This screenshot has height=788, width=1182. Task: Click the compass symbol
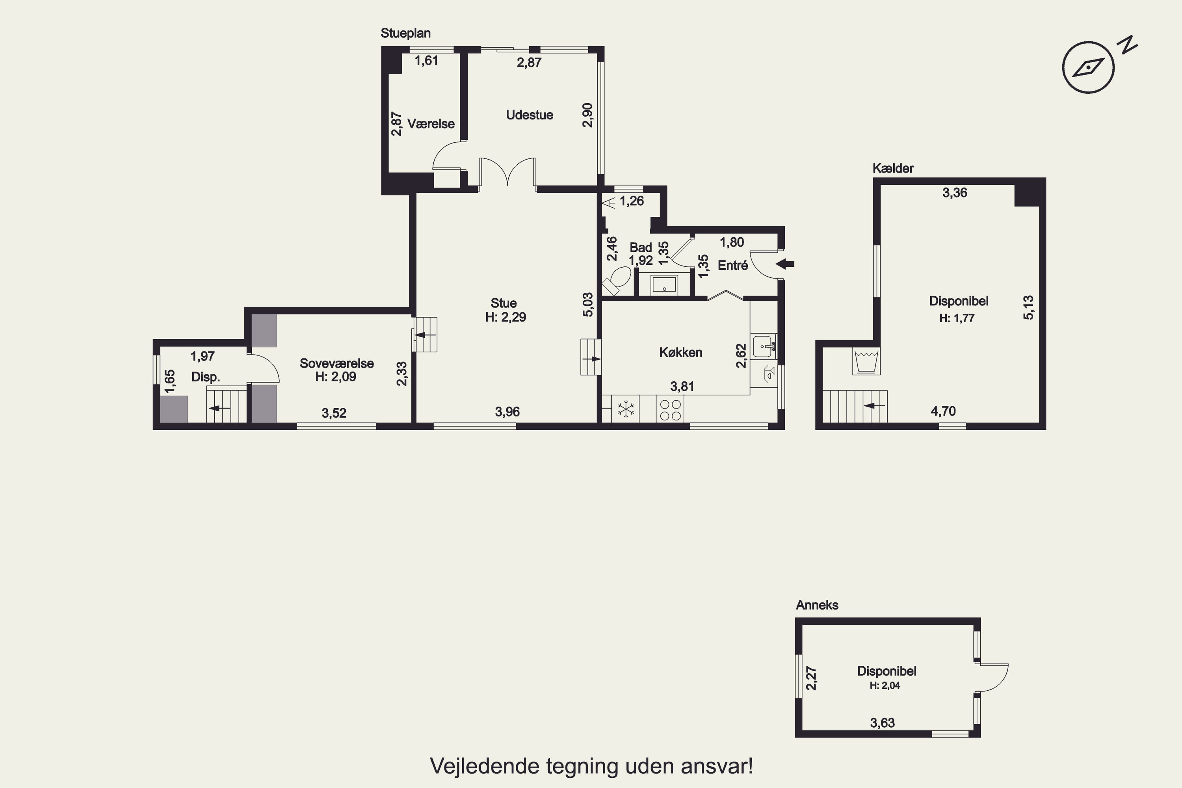[1089, 67]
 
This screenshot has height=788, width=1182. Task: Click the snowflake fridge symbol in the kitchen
[626, 409]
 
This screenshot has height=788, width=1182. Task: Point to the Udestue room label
[529, 115]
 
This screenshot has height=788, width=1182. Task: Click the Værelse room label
[431, 124]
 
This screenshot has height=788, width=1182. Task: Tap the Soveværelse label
[337, 363]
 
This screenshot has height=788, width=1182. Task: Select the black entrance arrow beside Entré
[785, 264]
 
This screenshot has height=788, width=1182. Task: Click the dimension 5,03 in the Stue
[587, 305]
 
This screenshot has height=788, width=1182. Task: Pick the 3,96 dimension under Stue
[507, 412]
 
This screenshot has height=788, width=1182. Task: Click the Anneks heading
[817, 605]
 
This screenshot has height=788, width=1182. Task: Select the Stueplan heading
[405, 33]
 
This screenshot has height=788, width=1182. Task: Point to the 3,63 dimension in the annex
[883, 723]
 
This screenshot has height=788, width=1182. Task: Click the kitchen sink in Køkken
[764, 346]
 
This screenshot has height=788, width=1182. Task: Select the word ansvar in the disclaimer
[717, 766]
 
